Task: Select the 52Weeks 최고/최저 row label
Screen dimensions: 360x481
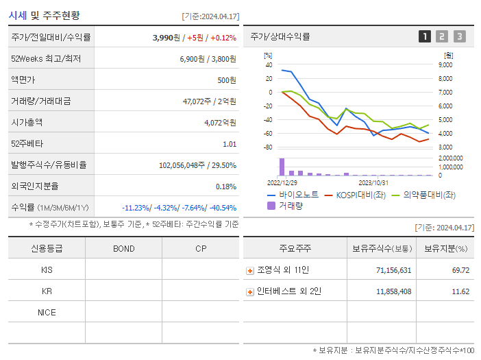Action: tap(46, 59)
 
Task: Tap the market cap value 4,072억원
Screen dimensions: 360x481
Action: tap(220, 122)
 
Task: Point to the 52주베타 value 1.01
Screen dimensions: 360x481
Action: tap(230, 143)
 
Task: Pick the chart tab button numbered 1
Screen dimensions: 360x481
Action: tap(425, 36)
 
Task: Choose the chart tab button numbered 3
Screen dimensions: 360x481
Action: tap(459, 36)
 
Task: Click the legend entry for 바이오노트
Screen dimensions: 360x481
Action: tap(293, 195)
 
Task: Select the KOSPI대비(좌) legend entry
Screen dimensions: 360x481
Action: tap(356, 195)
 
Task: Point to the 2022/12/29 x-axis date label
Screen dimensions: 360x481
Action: tap(282, 182)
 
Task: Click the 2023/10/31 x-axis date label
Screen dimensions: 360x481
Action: tap(373, 182)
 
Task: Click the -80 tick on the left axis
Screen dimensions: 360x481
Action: tap(268, 147)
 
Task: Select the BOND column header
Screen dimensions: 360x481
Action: tap(123, 248)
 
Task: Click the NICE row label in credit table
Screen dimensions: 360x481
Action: tap(47, 312)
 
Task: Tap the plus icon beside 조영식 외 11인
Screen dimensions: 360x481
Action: tap(250, 271)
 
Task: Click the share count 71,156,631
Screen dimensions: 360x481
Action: tap(393, 270)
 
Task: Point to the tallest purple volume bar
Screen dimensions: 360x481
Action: tap(282, 167)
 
